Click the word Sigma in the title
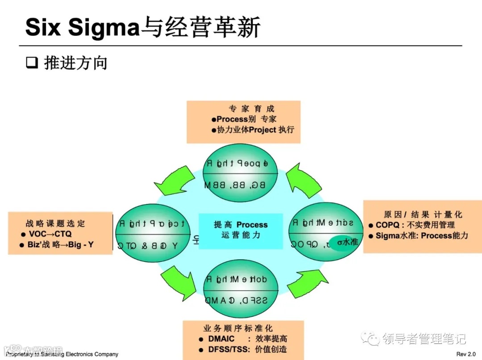coord(104,27)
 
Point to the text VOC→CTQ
coord(50,234)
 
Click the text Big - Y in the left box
coord(81,244)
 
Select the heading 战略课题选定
coord(55,223)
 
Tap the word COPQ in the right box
coord(387,225)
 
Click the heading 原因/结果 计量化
coord(423,215)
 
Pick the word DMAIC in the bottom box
coord(221,339)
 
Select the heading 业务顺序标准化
coord(238,328)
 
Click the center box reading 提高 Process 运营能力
coord(241,230)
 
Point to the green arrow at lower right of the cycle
coord(307,281)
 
